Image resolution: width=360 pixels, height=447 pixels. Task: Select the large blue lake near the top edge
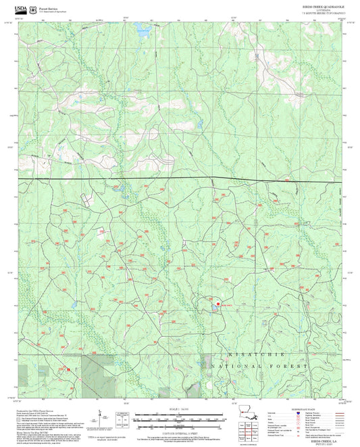tap(142, 29)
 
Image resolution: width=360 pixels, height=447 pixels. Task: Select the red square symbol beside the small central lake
tap(217, 303)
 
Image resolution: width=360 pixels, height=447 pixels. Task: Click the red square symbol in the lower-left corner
tap(68, 369)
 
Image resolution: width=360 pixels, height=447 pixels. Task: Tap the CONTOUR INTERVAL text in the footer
tap(180, 431)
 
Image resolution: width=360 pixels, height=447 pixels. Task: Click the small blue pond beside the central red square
tap(213, 309)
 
